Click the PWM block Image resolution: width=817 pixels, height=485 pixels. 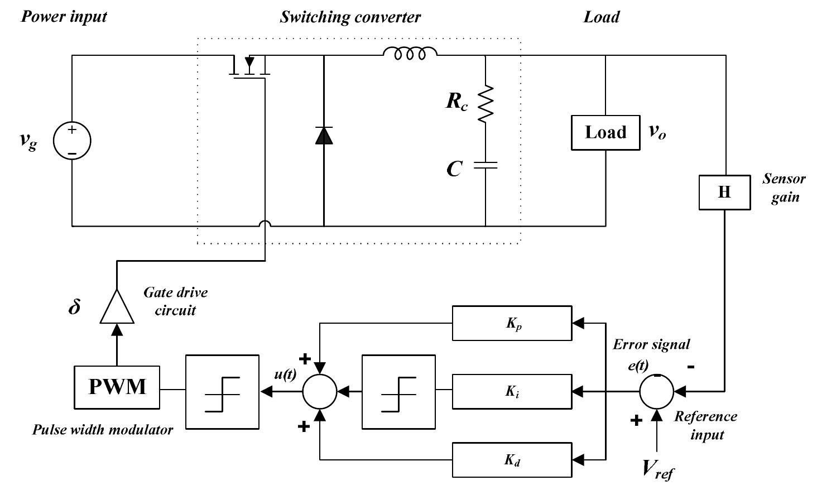coord(117,387)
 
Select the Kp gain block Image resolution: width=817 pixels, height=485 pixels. coord(512,323)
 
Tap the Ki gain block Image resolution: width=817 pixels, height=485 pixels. coord(512,391)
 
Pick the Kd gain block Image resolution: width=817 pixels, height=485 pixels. coord(512,460)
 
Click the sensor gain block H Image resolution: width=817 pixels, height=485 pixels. coord(724,193)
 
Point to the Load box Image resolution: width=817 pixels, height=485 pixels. coord(605,133)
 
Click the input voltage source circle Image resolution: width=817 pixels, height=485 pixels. coord(72,140)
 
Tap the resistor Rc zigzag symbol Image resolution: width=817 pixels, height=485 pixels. coord(486,104)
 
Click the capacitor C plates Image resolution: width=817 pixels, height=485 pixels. coord(486,165)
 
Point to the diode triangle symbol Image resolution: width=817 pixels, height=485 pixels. coord(324,135)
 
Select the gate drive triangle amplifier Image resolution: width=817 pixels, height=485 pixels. coord(117,307)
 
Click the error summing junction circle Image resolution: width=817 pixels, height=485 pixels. coord(657,391)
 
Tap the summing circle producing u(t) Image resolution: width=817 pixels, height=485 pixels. coord(320,391)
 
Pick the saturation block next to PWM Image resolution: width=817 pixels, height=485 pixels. coord(222,392)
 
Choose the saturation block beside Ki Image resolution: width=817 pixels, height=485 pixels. coord(398,392)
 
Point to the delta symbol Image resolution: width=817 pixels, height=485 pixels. coord(74,306)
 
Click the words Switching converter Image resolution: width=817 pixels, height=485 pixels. coord(350,17)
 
